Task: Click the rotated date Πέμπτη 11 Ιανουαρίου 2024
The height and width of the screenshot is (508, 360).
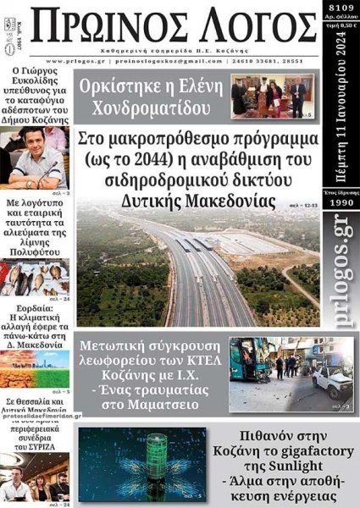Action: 341,106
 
